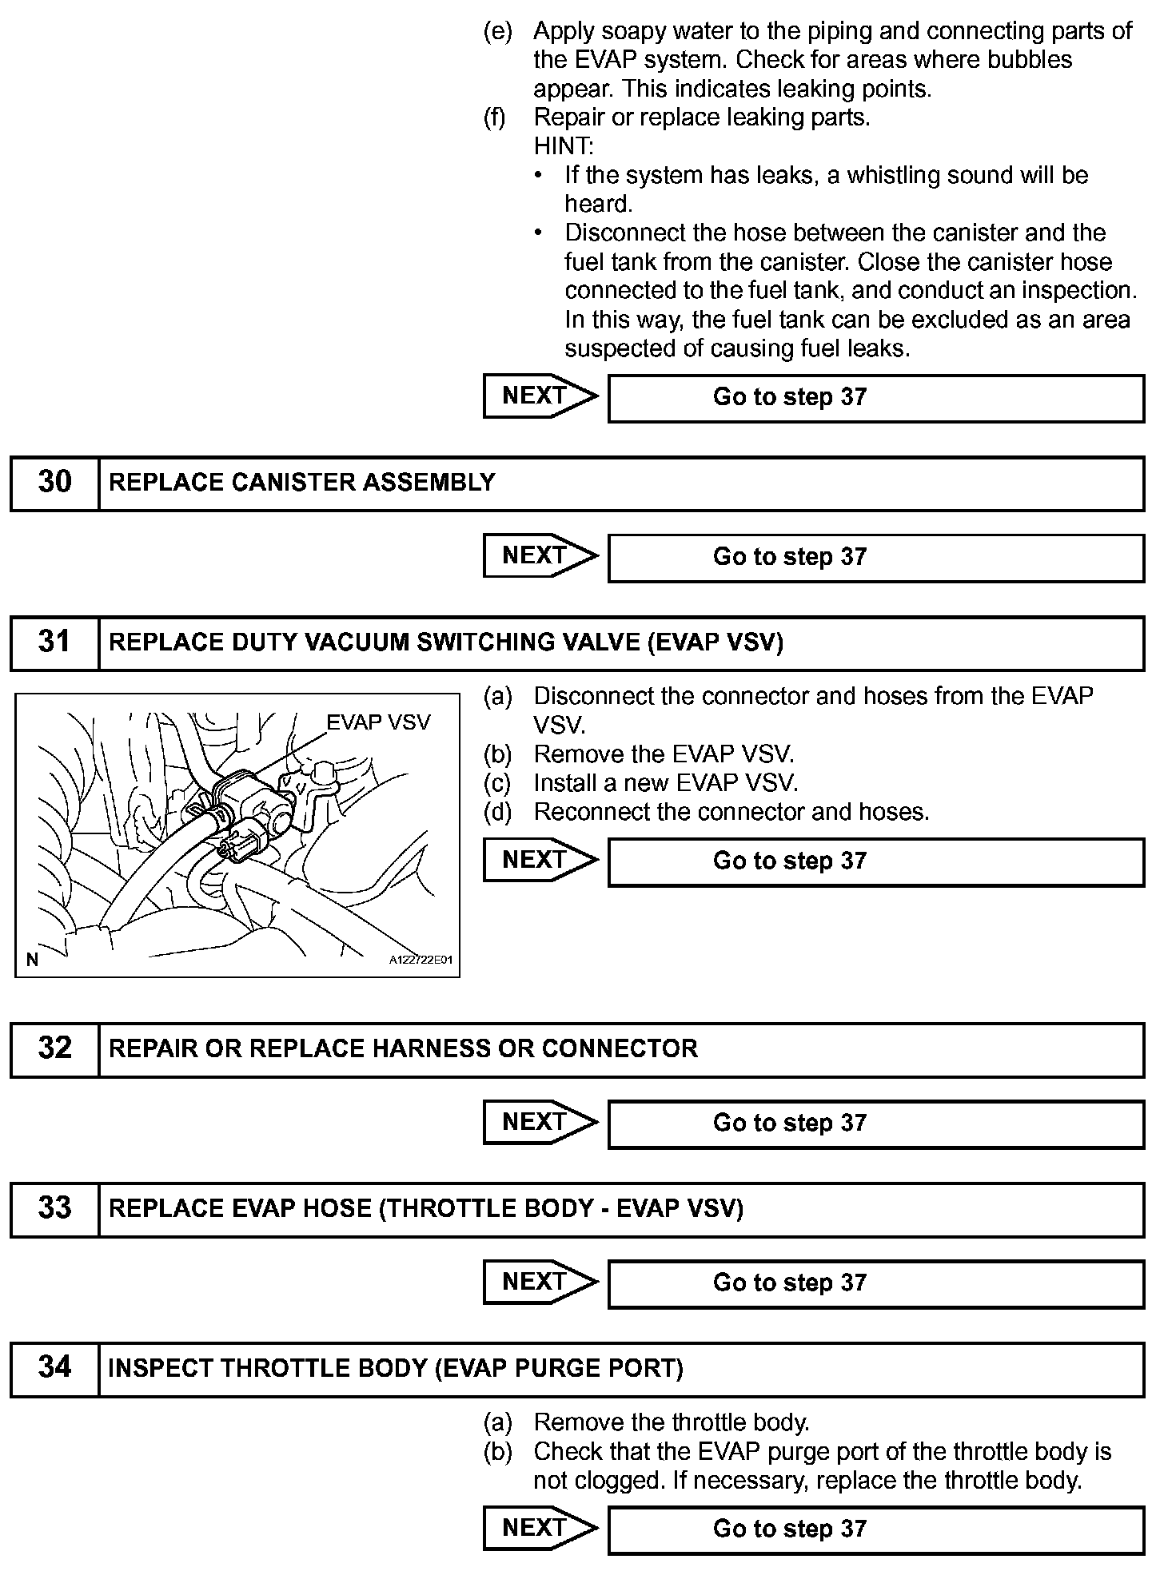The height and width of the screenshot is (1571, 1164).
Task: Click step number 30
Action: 54,482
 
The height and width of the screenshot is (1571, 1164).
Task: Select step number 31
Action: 54,642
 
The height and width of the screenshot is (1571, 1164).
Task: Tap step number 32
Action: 54,1048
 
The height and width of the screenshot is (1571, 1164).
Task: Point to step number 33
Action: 54,1207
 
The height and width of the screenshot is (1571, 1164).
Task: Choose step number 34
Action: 54,1367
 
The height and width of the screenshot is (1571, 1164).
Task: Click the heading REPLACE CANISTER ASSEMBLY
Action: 302,483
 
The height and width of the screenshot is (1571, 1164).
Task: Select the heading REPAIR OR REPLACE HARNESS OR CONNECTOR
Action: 403,1048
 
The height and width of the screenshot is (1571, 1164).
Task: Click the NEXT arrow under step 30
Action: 540,555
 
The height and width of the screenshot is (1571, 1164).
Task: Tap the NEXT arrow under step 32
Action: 540,1122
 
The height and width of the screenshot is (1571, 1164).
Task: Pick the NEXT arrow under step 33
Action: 540,1282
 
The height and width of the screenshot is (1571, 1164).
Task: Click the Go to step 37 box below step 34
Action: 875,1529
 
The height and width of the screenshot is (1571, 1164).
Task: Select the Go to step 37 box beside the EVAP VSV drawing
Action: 875,861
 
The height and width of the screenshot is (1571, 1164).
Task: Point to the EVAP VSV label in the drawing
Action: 378,722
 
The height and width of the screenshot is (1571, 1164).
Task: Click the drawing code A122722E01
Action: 421,960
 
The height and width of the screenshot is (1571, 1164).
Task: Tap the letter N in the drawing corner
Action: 32,960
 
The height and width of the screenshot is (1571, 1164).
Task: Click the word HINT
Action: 564,146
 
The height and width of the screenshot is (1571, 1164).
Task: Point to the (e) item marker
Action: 497,31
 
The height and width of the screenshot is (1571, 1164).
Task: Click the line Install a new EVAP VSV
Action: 666,783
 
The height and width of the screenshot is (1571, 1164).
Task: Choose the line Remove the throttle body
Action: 672,1422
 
